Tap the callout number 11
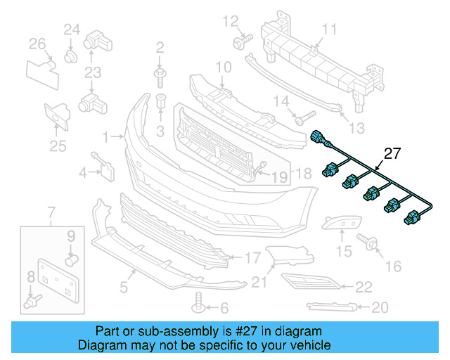coord(330,29)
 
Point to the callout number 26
coord(37,44)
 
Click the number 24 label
coord(72,29)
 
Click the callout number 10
coord(223,67)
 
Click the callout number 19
coord(279,178)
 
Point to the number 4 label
coord(83,172)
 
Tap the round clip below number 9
coord(70,260)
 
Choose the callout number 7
coord(51,212)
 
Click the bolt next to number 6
coord(199,307)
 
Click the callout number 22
coord(363,286)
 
